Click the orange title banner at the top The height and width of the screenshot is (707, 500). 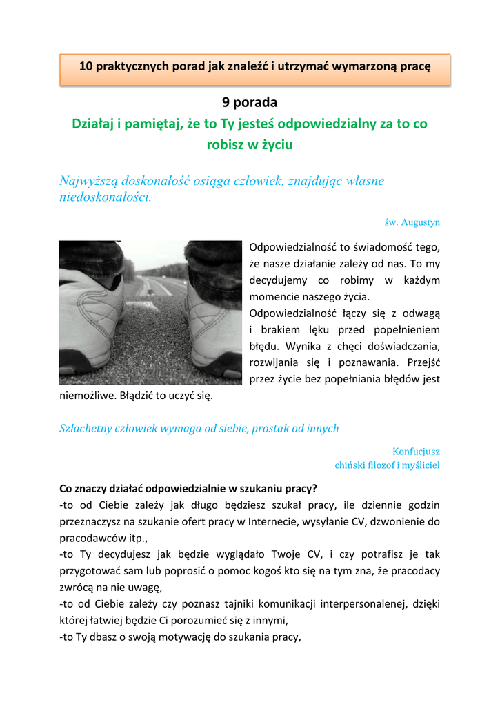[255, 68]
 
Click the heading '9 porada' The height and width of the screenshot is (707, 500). [250, 103]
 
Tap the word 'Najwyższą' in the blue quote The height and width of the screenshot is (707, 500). [88, 181]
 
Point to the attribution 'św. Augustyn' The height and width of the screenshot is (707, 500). [412, 222]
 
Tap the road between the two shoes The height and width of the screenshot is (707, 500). [155, 325]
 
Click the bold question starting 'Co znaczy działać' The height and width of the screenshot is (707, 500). [188, 488]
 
